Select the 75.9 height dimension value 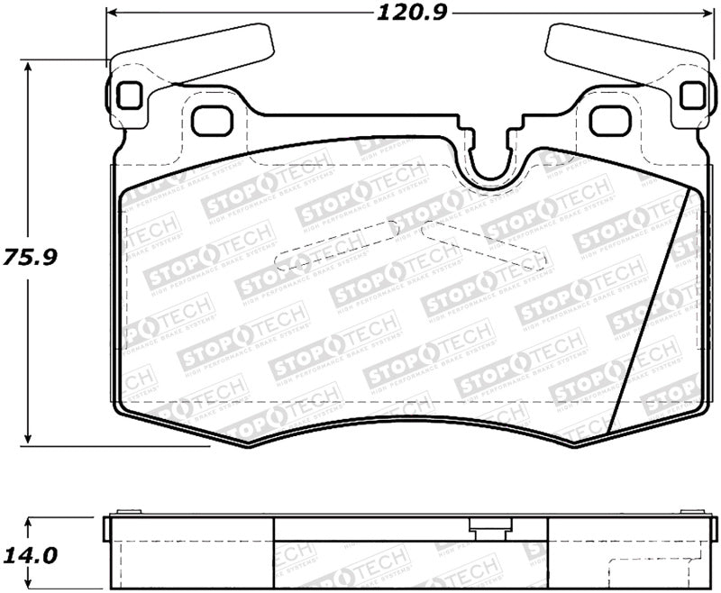point(30,256)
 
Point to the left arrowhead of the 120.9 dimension point(112,14)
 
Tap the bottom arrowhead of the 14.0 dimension point(30,587)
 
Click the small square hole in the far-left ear point(127,94)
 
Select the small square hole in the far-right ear point(691,95)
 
